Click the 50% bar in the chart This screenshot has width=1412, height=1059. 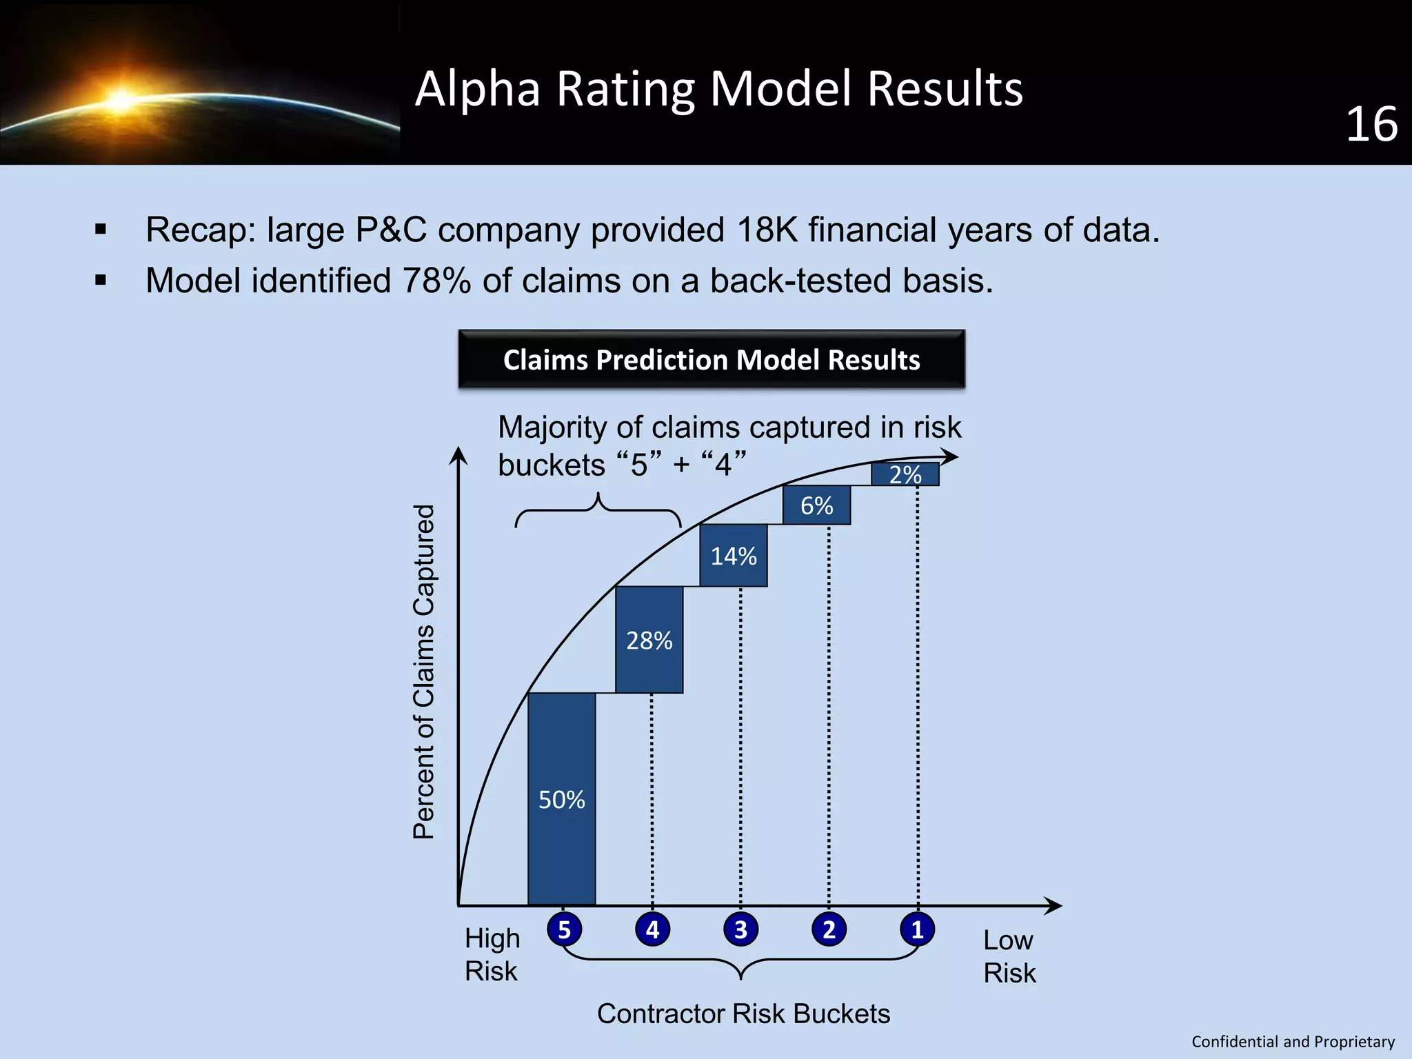pos(561,798)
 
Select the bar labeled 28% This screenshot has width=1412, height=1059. pos(649,640)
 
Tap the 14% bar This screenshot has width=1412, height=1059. pos(734,556)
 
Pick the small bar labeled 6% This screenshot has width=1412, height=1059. pos(816,505)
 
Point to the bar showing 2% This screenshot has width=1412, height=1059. pos(905,474)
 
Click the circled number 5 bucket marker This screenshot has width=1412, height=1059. pos(564,929)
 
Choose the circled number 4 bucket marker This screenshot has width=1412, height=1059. pos(652,929)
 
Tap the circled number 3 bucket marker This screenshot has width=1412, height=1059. pos(740,929)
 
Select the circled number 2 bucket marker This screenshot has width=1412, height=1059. pos(829,929)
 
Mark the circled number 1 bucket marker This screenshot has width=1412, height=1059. pos(917,929)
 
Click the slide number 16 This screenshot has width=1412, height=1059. pos(1371,125)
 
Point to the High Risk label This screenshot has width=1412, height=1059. pos(492,955)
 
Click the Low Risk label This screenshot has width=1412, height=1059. pos(1009,956)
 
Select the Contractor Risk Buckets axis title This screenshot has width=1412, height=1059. pos(743,1013)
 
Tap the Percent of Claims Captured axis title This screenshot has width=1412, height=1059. pos(424,672)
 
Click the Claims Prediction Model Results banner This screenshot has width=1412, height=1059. pos(712,359)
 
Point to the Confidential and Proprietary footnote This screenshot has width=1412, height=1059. pos(1293,1041)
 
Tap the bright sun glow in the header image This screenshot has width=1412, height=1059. pos(121,100)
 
